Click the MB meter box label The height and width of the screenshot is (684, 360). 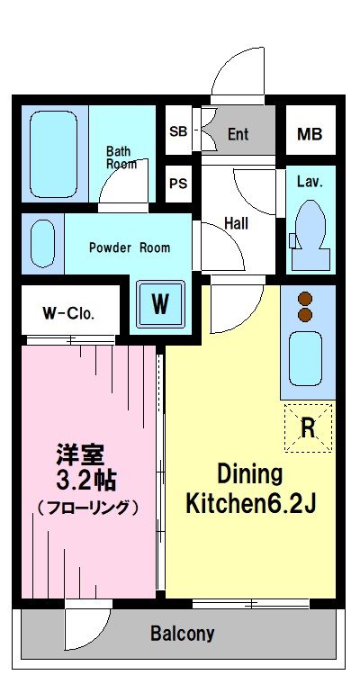309,135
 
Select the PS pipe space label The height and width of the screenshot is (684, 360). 177,184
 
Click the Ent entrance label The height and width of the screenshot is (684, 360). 238,135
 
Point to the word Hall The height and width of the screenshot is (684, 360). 237,223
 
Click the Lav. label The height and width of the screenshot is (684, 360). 310,181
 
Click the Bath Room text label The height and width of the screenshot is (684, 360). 121,157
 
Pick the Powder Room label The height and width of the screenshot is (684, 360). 129,247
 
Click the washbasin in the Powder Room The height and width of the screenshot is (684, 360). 43,243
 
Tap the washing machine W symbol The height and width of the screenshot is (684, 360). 159,303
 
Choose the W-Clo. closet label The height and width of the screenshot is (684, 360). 68,314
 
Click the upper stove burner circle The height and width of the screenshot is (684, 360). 304,298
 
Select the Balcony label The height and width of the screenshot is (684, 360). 182,634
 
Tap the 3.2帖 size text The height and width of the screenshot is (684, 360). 85,477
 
